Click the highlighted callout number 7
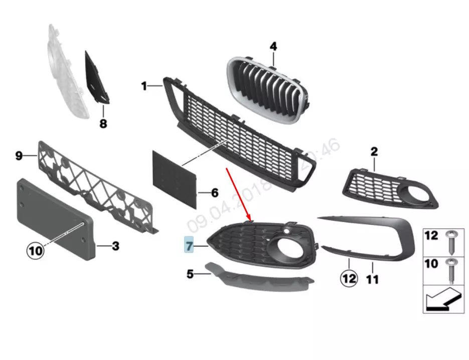pos(189,246)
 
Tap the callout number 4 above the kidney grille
pos(273,47)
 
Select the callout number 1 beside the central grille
pos(144,86)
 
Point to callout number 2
pos(374,151)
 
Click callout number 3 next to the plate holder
pos(115,246)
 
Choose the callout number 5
pos(190,274)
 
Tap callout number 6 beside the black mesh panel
pos(214,192)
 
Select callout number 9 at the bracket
pos(19,156)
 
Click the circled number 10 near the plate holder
pos(35,250)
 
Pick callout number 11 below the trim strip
pos(372,279)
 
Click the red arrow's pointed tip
pos(250,219)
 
